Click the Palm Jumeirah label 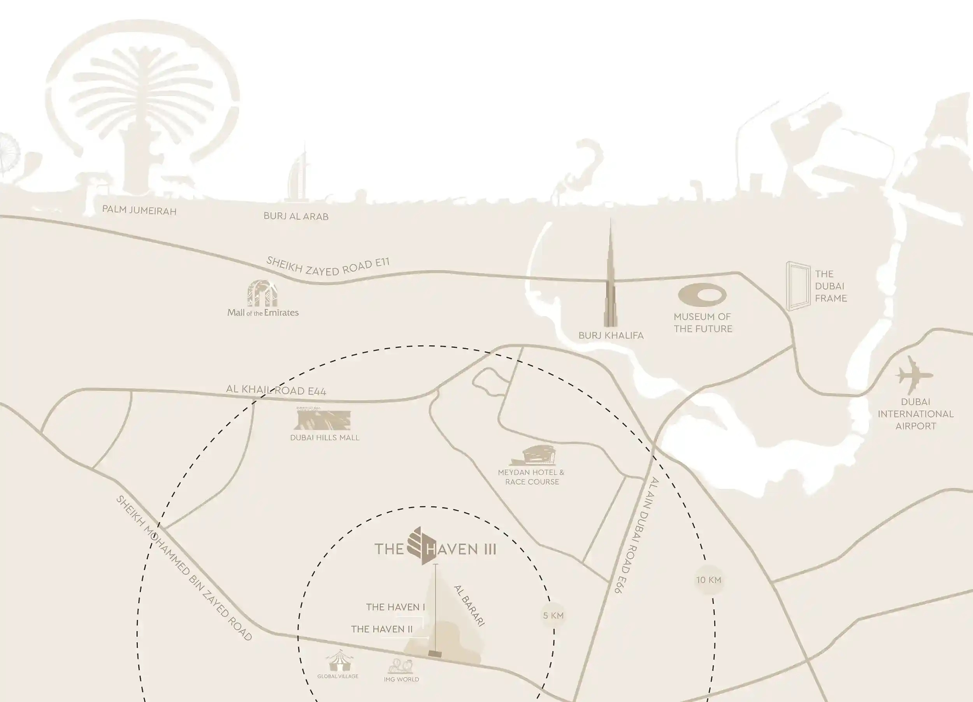pos(139,210)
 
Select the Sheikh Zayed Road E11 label pos(328,266)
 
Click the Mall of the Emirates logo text pos(263,313)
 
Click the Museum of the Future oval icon pos(702,296)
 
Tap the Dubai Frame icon pos(797,285)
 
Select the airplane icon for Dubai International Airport pos(914,376)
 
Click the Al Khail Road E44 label pos(276,390)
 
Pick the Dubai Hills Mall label pos(324,438)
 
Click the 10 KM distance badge pos(708,580)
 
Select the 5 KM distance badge pos(553,615)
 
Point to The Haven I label pos(395,607)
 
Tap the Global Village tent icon pos(339,660)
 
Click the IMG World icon pos(401,666)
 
